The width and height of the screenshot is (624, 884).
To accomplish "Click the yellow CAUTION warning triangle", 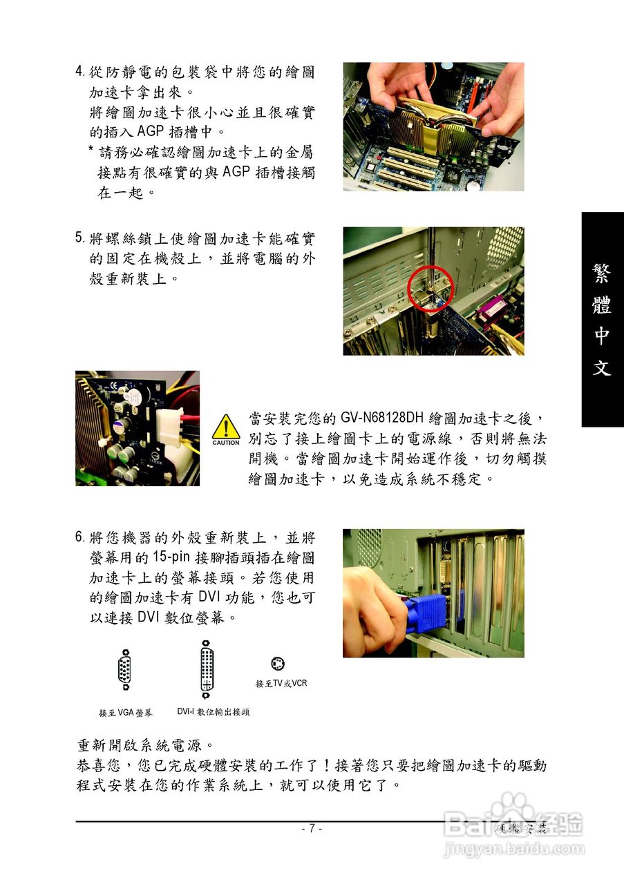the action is click(x=226, y=430).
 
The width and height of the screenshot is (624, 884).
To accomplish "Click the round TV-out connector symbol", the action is click(x=278, y=664).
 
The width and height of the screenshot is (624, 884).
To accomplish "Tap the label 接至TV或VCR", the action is click(x=281, y=683).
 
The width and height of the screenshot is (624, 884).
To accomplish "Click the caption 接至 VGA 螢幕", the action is click(x=126, y=713).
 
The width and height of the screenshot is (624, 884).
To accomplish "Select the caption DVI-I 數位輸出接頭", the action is click(x=214, y=711).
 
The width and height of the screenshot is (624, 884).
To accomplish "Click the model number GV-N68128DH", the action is click(x=382, y=418).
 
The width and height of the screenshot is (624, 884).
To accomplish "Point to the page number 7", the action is click(x=312, y=828).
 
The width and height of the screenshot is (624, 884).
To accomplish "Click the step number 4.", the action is click(x=79, y=71).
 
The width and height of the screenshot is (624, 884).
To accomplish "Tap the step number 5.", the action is click(x=79, y=238).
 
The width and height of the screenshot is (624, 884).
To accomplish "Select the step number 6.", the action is click(x=79, y=537).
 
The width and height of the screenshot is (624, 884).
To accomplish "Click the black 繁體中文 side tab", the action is click(x=603, y=319).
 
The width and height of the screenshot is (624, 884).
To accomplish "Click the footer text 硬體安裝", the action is click(x=521, y=828).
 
